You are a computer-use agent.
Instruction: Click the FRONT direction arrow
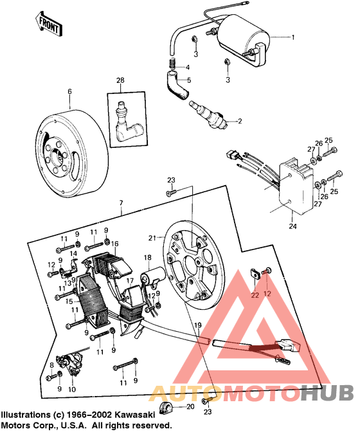pos(48,25)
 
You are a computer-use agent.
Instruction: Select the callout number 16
pos(115,244)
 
